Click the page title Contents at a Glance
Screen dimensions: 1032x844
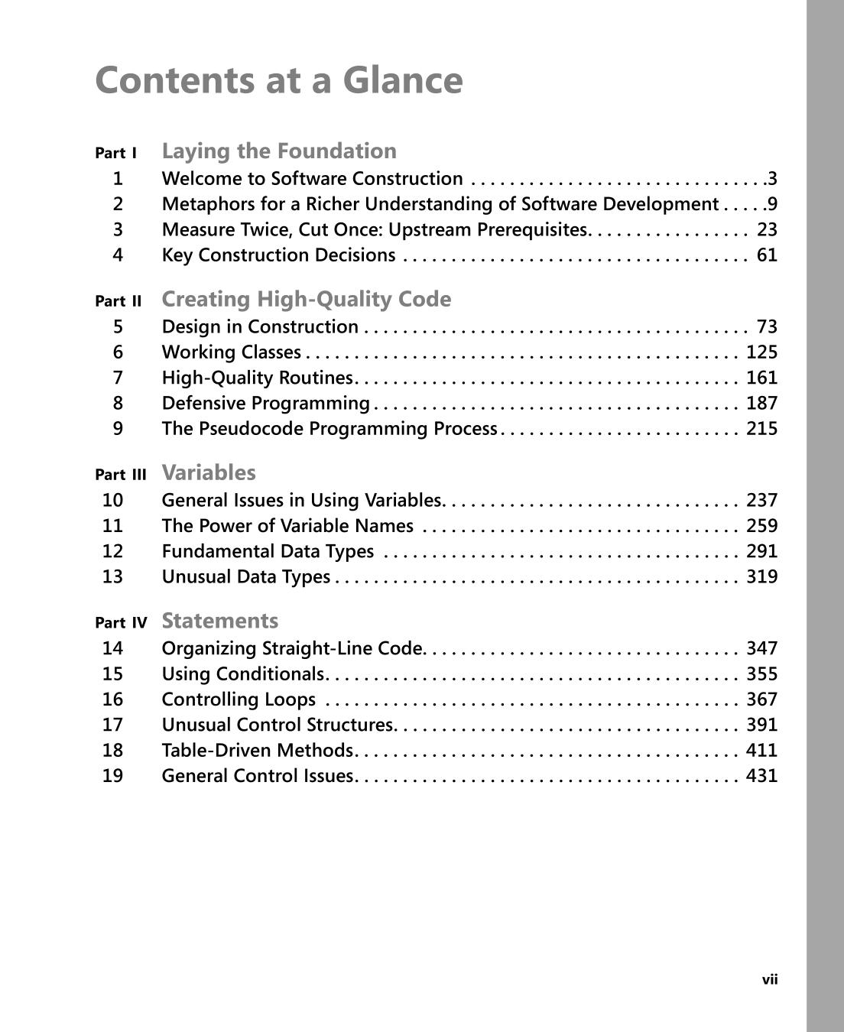(x=279, y=80)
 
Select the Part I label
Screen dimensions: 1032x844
(x=116, y=153)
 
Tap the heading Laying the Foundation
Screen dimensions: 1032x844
(x=279, y=151)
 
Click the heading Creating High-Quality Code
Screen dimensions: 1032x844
(x=307, y=299)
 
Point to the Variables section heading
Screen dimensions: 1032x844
(x=209, y=472)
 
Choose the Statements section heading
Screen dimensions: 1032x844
(x=220, y=621)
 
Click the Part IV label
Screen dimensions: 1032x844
(x=121, y=623)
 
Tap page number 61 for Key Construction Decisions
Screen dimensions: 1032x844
(x=767, y=255)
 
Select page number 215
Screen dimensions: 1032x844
(x=761, y=429)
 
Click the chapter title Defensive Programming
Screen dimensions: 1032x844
(x=266, y=403)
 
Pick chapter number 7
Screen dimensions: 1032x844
(x=118, y=378)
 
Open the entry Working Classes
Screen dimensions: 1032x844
(x=232, y=352)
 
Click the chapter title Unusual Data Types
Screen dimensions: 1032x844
(x=246, y=576)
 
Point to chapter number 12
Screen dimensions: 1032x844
(x=112, y=551)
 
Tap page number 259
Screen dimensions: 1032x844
(x=761, y=526)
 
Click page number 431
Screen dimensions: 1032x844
(x=761, y=776)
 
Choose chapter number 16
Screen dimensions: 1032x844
(x=112, y=699)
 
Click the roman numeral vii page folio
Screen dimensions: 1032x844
(x=770, y=980)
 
